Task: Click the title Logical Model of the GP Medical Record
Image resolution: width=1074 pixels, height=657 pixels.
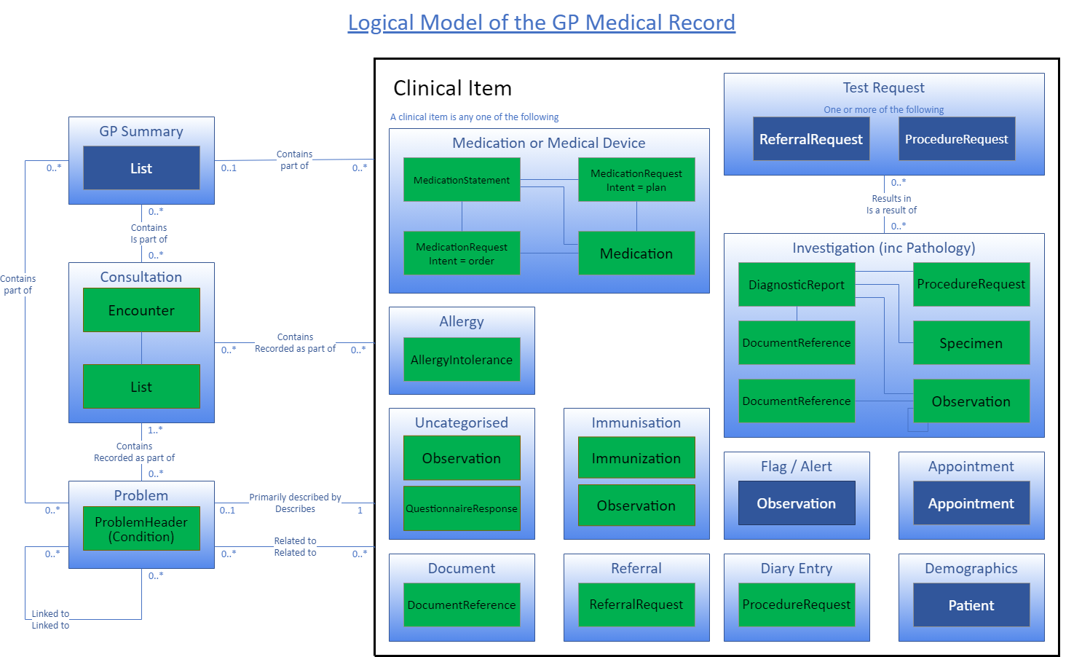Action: (x=541, y=23)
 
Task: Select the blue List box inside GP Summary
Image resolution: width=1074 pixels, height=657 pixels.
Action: (x=141, y=168)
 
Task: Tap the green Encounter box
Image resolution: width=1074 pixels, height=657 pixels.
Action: (x=141, y=310)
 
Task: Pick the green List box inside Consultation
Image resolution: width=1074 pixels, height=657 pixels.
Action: (x=141, y=387)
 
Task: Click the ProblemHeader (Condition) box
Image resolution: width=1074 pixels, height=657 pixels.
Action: (x=141, y=529)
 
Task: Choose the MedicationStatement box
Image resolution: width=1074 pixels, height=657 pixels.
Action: (x=462, y=180)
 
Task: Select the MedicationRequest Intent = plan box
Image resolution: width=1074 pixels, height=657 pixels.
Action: (x=636, y=180)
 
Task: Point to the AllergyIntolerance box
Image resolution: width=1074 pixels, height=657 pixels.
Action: (x=462, y=359)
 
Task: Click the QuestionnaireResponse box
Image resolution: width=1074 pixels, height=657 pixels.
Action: (x=462, y=508)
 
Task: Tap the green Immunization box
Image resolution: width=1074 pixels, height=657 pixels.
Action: (x=636, y=458)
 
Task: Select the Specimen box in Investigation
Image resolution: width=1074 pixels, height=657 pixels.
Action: (x=971, y=343)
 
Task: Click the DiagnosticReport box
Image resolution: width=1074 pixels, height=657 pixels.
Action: (x=797, y=285)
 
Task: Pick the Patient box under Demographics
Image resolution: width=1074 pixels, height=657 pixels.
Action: (x=971, y=605)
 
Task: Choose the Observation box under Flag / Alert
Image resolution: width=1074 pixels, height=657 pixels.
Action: (x=797, y=503)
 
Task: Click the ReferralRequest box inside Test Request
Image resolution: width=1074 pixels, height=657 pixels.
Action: (x=811, y=139)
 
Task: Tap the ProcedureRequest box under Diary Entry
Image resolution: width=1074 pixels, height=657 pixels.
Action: (x=797, y=605)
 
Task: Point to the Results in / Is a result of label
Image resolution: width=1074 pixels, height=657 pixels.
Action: (x=891, y=204)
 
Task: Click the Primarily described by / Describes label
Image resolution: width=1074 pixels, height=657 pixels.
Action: (x=295, y=503)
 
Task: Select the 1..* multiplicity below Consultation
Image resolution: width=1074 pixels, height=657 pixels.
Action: (x=155, y=430)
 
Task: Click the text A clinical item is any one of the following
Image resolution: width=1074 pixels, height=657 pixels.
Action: (x=474, y=117)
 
